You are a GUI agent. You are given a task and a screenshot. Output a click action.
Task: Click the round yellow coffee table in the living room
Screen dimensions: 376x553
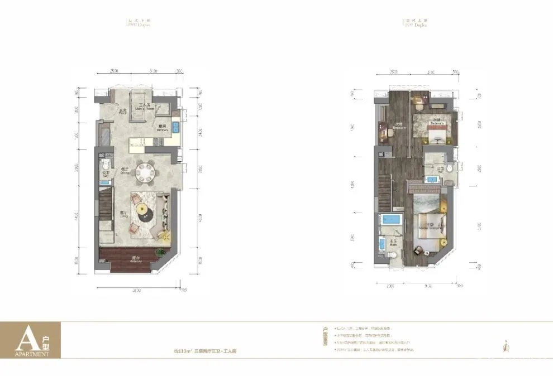142,209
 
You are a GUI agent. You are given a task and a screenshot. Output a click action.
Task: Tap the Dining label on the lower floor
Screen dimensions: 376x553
125,171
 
